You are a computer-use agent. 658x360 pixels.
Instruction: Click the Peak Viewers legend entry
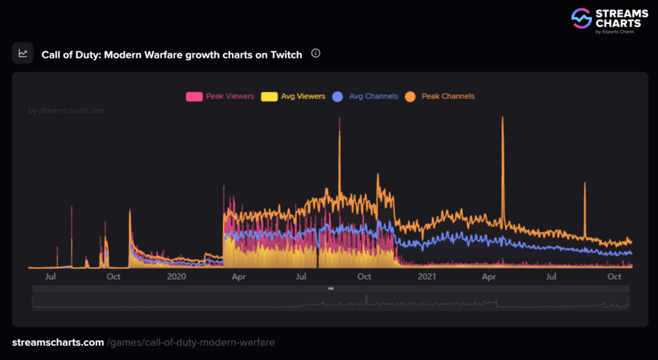220,96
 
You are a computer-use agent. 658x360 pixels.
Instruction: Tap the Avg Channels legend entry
365,96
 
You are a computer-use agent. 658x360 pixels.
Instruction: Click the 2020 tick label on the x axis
176,277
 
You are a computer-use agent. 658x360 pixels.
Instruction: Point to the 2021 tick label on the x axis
427,277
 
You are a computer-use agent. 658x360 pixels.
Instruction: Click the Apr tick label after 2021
489,277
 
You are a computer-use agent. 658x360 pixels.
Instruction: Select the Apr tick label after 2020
238,277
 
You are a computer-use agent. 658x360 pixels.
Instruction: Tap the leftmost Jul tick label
51,277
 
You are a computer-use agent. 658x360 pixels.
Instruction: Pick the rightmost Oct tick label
615,277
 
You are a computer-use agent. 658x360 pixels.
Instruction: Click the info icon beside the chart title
316,54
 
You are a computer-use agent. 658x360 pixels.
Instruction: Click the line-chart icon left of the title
23,53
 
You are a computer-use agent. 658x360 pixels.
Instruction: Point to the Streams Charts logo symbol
582,19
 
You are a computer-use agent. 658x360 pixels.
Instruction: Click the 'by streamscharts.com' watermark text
67,111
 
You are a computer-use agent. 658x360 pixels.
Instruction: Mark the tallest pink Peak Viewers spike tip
339,118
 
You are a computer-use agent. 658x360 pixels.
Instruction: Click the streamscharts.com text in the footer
58,343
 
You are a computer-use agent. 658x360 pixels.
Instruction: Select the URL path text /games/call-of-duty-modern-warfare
191,343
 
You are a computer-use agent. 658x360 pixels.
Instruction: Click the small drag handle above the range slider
330,289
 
